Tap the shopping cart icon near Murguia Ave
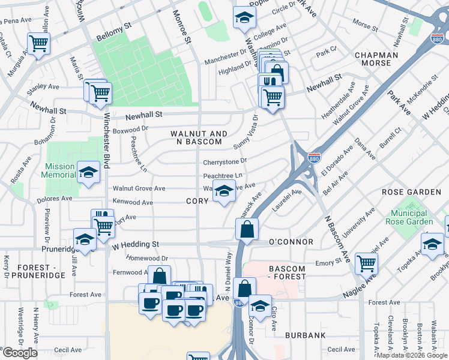coord(38,43)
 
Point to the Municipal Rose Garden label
coord(412,218)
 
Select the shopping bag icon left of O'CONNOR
coord(247,229)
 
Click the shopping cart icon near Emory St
coord(366,262)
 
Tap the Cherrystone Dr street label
coord(225,161)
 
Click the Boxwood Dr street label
coord(130,128)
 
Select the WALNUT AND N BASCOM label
coord(199,137)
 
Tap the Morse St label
coord(365,25)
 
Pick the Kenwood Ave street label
coord(133,203)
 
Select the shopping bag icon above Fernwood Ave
coord(159,275)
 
